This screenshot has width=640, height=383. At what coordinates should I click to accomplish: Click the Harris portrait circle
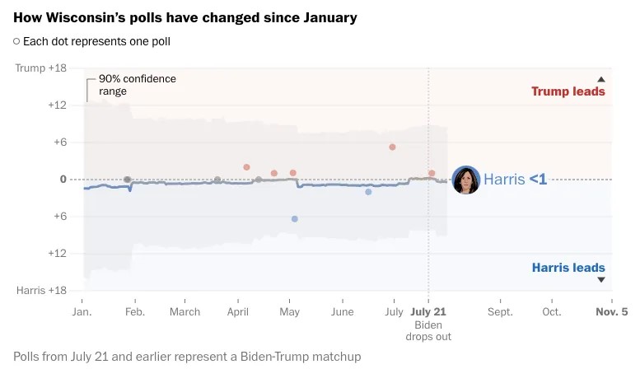(x=466, y=180)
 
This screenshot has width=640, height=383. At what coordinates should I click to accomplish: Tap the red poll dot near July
(x=392, y=147)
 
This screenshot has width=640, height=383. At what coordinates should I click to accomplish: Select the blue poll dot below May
(x=294, y=219)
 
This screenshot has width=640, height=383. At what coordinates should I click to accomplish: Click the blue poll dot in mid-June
(x=368, y=192)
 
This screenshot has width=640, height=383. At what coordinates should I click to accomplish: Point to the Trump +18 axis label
(x=41, y=68)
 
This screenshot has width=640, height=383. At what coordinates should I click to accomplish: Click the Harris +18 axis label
(x=42, y=291)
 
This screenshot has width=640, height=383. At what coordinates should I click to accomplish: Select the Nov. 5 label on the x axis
(x=611, y=312)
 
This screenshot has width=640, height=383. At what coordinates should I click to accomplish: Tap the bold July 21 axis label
(x=427, y=312)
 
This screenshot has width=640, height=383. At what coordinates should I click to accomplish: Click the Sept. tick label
(x=500, y=312)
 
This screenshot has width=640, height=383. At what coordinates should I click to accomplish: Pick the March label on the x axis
(x=185, y=312)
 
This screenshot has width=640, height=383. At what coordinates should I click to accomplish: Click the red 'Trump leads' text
(x=568, y=91)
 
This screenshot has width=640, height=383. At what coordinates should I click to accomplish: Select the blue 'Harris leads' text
(x=568, y=268)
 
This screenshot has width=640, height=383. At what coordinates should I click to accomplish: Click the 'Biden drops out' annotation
(x=427, y=331)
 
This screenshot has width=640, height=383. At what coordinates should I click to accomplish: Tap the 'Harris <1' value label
(x=515, y=179)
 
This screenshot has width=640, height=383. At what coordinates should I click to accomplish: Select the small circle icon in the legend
(x=16, y=41)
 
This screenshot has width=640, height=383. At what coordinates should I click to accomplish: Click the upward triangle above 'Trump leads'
(x=600, y=79)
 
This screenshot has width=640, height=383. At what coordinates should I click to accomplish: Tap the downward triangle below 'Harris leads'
(x=600, y=280)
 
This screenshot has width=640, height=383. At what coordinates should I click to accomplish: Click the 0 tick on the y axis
(x=63, y=180)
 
